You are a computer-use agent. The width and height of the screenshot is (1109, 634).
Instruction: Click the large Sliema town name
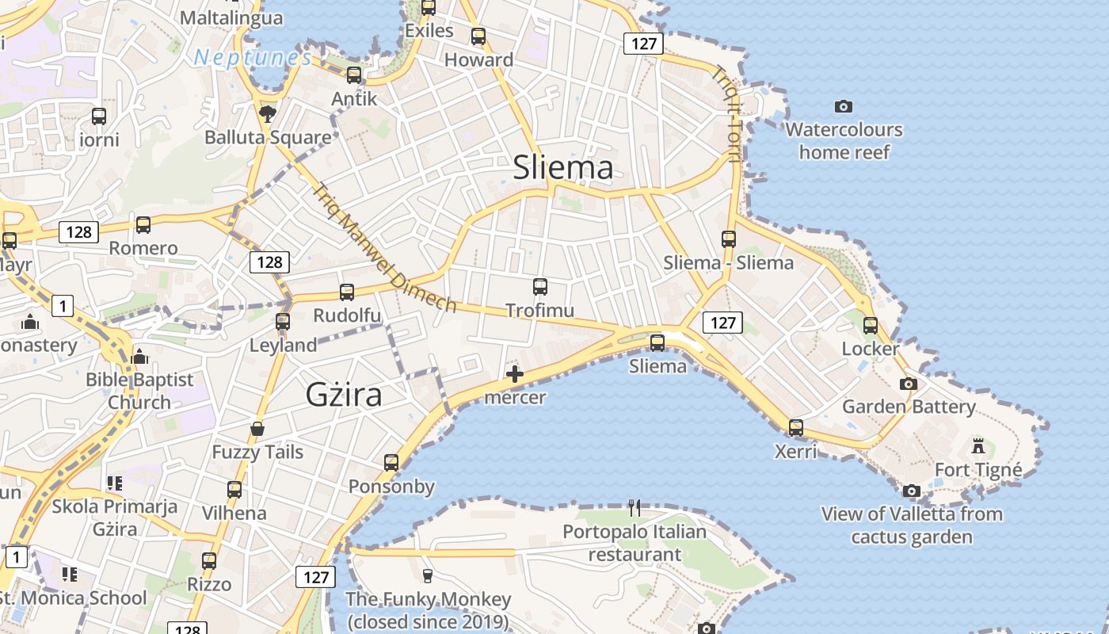(x=563, y=167)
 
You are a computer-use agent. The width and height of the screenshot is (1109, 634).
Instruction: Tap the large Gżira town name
(x=344, y=394)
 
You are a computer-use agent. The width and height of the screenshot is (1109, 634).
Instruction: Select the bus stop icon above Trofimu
(x=540, y=287)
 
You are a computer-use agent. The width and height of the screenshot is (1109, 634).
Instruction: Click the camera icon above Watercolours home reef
(x=844, y=106)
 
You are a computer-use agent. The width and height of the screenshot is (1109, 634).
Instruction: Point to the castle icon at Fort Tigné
(x=978, y=445)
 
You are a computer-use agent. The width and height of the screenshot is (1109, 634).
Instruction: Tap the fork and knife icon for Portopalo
(x=634, y=507)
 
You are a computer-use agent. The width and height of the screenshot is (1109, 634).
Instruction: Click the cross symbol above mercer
(x=515, y=374)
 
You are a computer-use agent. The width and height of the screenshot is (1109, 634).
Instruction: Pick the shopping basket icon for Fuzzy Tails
(x=257, y=430)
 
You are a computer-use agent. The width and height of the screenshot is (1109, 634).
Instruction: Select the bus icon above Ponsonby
(x=391, y=463)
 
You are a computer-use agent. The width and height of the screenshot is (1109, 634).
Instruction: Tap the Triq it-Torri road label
(x=726, y=113)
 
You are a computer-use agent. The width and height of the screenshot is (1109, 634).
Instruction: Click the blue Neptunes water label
(x=253, y=58)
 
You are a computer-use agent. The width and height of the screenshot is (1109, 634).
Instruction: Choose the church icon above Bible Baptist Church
(x=140, y=357)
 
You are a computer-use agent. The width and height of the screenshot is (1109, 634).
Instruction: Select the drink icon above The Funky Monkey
(x=428, y=575)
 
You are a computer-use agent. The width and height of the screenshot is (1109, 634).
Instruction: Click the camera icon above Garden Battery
(x=909, y=384)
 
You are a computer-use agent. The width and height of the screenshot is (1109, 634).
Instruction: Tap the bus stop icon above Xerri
(x=796, y=428)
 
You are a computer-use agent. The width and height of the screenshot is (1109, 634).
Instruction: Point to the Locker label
(x=871, y=349)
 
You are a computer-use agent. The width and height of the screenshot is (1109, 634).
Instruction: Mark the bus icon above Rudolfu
(x=347, y=292)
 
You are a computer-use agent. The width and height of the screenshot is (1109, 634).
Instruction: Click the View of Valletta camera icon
(x=912, y=491)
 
